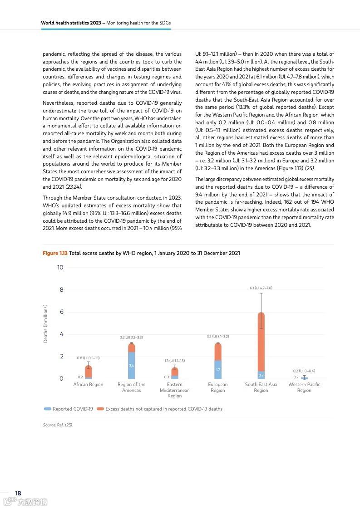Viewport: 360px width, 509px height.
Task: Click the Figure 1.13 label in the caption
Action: tap(55, 253)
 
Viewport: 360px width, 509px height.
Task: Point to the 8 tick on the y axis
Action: tap(60, 290)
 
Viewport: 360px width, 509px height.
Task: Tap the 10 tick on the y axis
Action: tap(60, 268)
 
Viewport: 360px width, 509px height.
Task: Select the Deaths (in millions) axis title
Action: tap(45, 323)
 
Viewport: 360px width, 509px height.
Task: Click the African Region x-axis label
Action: tap(88, 385)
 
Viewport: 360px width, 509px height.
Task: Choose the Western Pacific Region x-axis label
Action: tap(304, 387)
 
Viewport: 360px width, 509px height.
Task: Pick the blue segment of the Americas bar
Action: tap(131, 365)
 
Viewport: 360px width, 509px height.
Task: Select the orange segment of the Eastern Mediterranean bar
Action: tap(175, 372)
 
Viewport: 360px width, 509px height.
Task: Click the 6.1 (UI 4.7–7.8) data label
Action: tap(261, 288)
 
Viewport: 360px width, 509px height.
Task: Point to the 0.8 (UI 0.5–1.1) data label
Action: tap(88, 358)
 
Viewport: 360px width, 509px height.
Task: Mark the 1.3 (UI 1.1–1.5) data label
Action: tap(175, 361)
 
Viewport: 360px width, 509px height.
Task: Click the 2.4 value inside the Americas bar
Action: tap(131, 366)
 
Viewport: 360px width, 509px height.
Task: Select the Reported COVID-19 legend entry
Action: tap(69, 409)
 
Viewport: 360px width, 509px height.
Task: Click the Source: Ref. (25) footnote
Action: tap(58, 425)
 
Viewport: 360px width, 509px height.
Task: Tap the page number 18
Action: tap(18, 493)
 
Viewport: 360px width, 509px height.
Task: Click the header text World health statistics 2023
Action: tap(70, 22)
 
